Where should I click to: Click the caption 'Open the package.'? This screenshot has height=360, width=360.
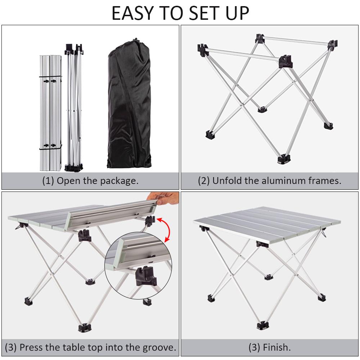pyautogui.click(x=98, y=181)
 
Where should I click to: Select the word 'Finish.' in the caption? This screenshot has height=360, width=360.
pyautogui.click(x=276, y=347)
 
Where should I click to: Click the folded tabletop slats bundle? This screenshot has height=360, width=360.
pyautogui.click(x=50, y=113)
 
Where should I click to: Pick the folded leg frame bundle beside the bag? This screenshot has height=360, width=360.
pyautogui.click(x=74, y=108)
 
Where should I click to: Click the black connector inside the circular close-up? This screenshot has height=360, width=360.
pyautogui.click(x=146, y=275)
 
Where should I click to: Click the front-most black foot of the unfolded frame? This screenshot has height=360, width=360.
pyautogui.click(x=284, y=159)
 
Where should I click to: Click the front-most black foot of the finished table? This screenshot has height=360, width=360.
pyautogui.click(x=263, y=325)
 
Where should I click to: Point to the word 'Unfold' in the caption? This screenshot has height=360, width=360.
pyautogui.click(x=226, y=181)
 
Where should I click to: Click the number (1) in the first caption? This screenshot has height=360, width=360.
pyautogui.click(x=48, y=181)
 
